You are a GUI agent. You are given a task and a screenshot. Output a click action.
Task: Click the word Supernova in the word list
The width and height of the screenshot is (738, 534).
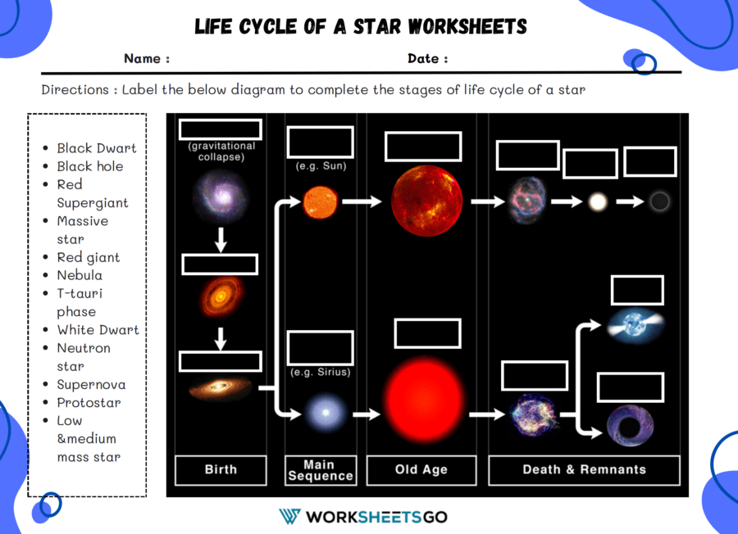coord(91,384)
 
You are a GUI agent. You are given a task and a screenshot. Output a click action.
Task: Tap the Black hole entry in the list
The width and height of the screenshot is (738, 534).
coord(90,166)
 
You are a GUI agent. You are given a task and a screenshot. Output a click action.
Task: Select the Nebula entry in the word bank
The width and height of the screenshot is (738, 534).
coord(80,275)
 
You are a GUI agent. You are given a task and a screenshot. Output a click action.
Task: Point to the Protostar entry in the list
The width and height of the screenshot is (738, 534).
coord(89,403)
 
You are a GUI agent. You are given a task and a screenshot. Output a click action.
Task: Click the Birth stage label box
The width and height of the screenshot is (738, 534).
coord(221,470)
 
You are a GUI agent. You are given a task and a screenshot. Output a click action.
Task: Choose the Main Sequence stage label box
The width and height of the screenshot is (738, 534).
coord(321,470)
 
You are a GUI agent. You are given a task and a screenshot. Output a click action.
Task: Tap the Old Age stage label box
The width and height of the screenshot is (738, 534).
coord(421,470)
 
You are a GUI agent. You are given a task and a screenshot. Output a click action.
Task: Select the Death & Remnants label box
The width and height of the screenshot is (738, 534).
coord(584,470)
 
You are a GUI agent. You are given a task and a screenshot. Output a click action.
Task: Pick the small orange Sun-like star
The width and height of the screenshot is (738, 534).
coord(320,202)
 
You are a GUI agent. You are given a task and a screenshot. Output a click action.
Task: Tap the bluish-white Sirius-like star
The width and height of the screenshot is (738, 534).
coord(326,413)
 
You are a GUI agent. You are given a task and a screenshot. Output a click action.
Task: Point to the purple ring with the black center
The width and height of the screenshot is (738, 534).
coord(630,425)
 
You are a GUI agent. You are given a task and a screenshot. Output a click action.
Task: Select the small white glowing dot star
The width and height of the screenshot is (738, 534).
coord(598,202)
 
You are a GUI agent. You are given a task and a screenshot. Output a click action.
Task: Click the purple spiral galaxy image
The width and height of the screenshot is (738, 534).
coord(221,197)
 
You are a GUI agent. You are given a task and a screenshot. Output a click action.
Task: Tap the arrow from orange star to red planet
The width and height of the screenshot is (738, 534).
coord(362,201)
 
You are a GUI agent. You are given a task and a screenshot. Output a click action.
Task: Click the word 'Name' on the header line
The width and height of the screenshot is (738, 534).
coord(142,59)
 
